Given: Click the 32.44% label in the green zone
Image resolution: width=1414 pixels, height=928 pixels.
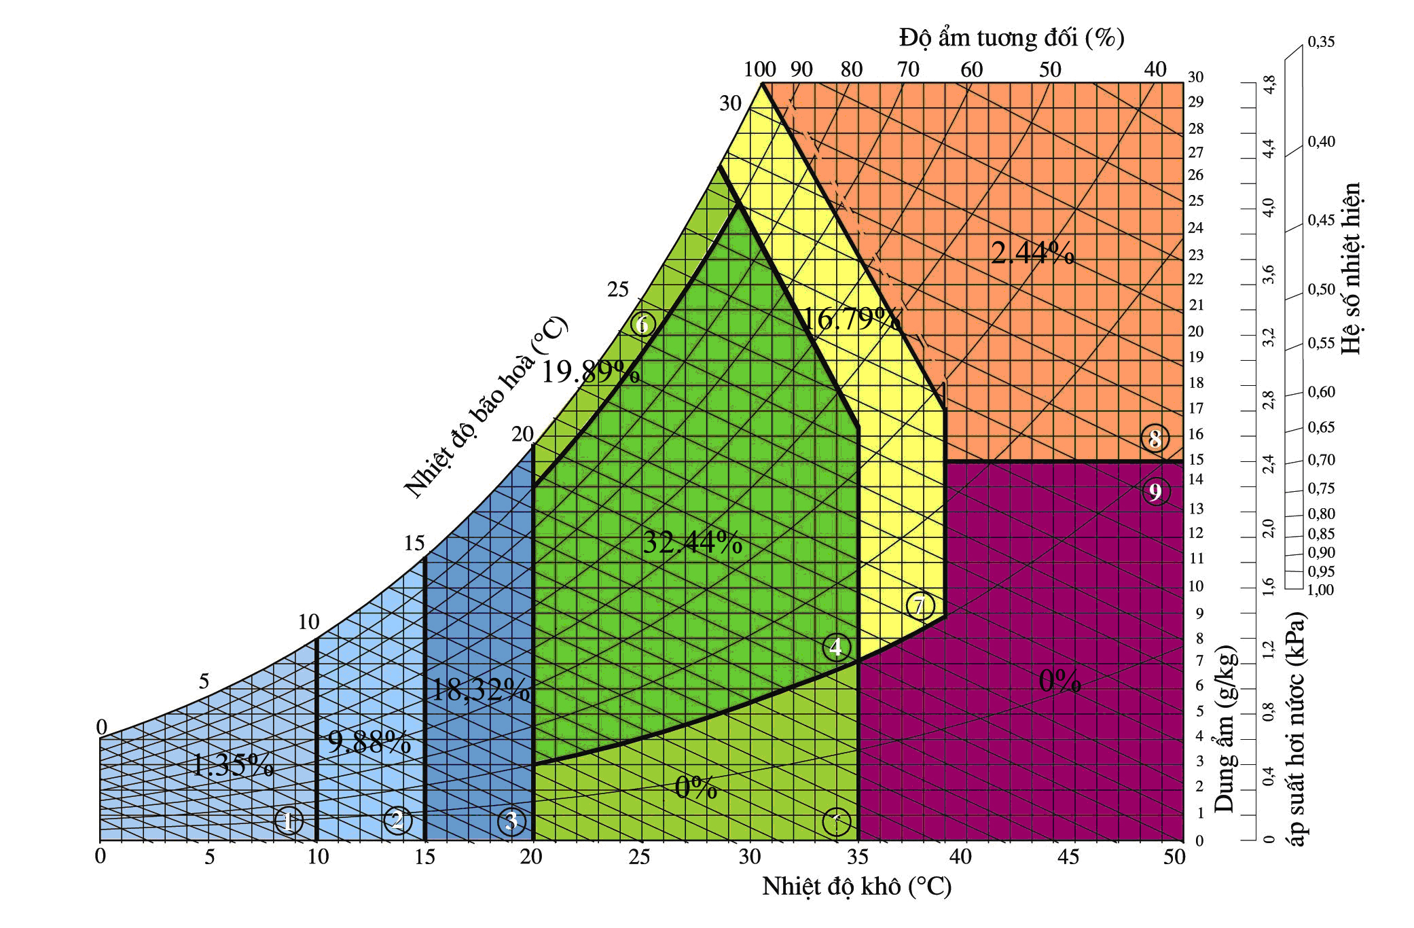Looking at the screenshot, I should tap(692, 542).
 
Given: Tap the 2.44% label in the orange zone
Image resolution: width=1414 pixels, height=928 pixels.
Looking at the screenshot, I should tap(1032, 253).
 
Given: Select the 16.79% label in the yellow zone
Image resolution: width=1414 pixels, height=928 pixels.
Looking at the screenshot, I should tap(852, 319).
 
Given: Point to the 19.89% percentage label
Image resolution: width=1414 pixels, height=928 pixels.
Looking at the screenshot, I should tap(590, 372).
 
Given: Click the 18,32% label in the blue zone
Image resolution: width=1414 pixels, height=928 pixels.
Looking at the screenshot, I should tap(480, 690).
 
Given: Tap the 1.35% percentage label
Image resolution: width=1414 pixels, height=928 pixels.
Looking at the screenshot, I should tap(232, 766).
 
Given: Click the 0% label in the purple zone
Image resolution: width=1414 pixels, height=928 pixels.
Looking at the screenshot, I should tap(1059, 681).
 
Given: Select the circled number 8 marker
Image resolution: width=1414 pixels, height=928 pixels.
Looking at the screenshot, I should tap(1155, 439).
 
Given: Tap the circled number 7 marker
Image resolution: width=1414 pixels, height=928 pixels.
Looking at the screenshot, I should tap(920, 605).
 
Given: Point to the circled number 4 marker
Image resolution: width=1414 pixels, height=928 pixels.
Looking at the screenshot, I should tap(836, 647).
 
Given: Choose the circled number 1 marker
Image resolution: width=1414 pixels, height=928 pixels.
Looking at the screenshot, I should tap(288, 821).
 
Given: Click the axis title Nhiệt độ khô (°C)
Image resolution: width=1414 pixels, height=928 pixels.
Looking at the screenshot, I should tap(856, 887).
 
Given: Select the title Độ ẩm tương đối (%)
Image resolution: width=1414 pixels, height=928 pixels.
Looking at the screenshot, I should tap(1011, 37).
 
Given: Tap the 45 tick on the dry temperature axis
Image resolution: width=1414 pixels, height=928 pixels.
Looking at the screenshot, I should tap(1068, 857).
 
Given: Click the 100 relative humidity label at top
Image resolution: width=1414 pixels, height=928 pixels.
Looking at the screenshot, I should tap(759, 69).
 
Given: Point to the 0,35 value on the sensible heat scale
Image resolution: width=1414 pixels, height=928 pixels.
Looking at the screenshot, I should tap(1321, 42).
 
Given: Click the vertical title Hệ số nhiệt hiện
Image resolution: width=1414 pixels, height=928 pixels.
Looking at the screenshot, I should tap(1351, 268).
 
